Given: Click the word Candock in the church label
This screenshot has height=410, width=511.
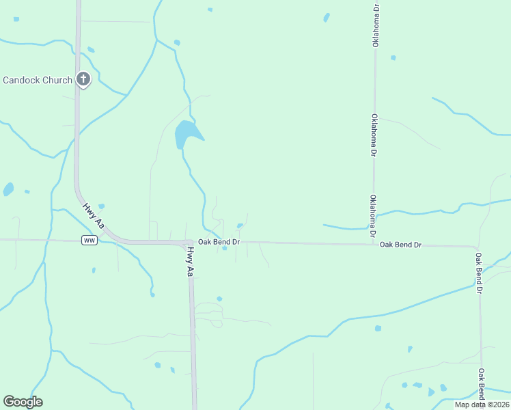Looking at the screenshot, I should (x=22, y=80).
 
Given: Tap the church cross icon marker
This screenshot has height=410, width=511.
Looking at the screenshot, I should (x=83, y=79).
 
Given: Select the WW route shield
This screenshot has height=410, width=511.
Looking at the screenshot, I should (x=89, y=241).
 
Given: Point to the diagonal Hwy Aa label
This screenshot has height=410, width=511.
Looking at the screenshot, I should (x=94, y=215).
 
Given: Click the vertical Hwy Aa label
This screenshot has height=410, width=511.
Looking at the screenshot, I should (x=191, y=262).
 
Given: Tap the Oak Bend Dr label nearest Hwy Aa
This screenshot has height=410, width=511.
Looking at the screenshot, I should (x=219, y=242).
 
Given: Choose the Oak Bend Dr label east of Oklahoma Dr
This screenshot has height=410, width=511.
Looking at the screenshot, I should (x=400, y=244).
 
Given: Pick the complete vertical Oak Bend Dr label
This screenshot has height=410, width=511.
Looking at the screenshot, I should (x=480, y=273).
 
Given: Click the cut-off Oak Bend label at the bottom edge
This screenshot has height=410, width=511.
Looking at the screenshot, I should (x=482, y=385).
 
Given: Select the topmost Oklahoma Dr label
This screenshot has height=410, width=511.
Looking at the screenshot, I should (x=375, y=25).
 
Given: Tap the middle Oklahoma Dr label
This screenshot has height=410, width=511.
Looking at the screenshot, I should (x=374, y=135).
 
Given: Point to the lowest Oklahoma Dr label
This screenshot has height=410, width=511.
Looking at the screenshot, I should (x=374, y=217).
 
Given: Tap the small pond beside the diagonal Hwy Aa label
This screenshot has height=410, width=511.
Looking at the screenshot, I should (x=101, y=206).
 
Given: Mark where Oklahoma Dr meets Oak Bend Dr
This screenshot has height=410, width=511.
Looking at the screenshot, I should (x=374, y=244).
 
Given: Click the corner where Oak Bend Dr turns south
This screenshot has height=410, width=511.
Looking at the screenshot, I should (x=477, y=247).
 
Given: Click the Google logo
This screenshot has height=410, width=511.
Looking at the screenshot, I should (x=23, y=402).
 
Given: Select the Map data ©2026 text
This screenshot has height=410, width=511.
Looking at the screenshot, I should (x=482, y=405).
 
